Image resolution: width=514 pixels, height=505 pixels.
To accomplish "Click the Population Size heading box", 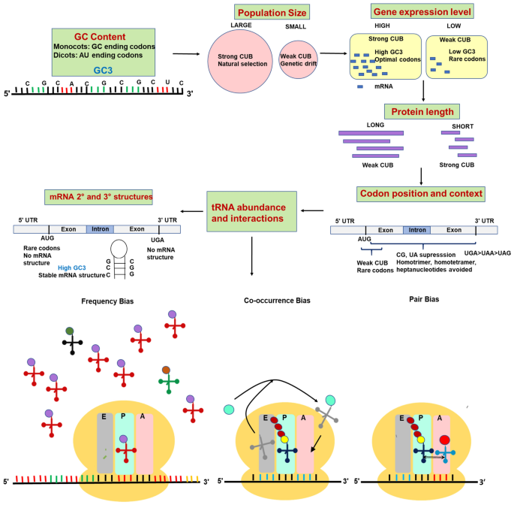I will tap(272, 12).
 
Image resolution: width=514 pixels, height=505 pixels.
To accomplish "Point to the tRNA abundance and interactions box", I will tap(252, 211).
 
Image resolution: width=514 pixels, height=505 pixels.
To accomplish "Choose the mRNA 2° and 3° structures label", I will tap(101, 198).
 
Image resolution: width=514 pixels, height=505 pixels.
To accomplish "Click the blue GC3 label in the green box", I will tap(104, 69).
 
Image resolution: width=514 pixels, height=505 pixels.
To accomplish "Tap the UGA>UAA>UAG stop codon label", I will tap(488, 253).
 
